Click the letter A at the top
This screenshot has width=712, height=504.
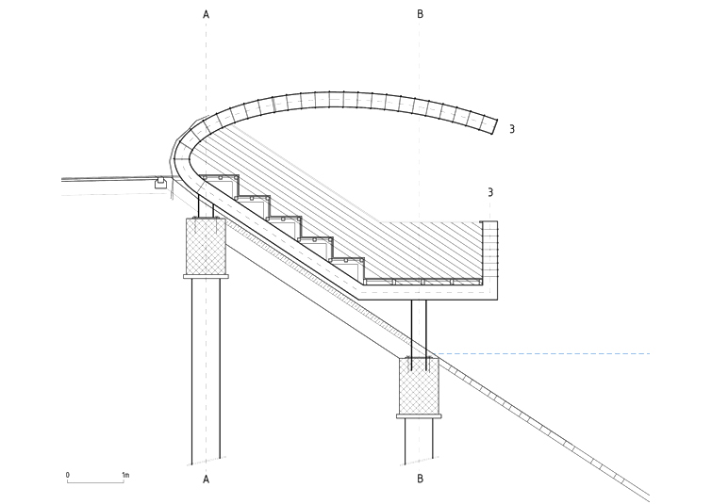click(x=207, y=14)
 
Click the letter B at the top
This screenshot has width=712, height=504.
click(x=420, y=14)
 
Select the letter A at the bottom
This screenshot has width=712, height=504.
click(x=207, y=480)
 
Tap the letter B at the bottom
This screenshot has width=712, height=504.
click(x=420, y=479)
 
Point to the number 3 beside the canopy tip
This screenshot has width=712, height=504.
click(x=512, y=129)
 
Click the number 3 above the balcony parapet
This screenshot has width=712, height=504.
click(x=490, y=192)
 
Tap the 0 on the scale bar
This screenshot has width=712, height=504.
click(x=68, y=475)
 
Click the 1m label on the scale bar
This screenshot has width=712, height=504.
click(x=125, y=475)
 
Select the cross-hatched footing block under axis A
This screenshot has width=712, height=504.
click(x=207, y=246)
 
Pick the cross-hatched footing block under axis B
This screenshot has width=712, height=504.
click(x=419, y=386)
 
